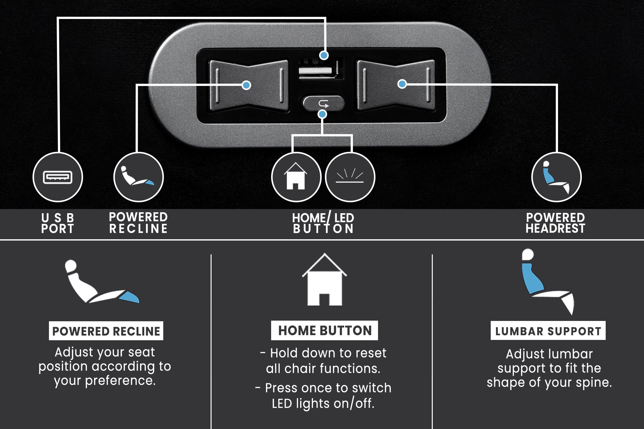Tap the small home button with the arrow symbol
[323, 103]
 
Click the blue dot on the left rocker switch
[246, 85]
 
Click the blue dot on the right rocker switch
[402, 84]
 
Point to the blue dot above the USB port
[324, 55]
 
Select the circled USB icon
[58, 177]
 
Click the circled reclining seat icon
[138, 177]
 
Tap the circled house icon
[296, 177]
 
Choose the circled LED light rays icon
[350, 177]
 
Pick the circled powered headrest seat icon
[556, 177]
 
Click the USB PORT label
[58, 223]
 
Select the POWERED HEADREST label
[555, 223]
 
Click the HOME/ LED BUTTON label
[323, 223]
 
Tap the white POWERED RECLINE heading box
[106, 331]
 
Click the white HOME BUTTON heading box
[325, 330]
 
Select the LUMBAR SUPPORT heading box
[548, 331]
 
